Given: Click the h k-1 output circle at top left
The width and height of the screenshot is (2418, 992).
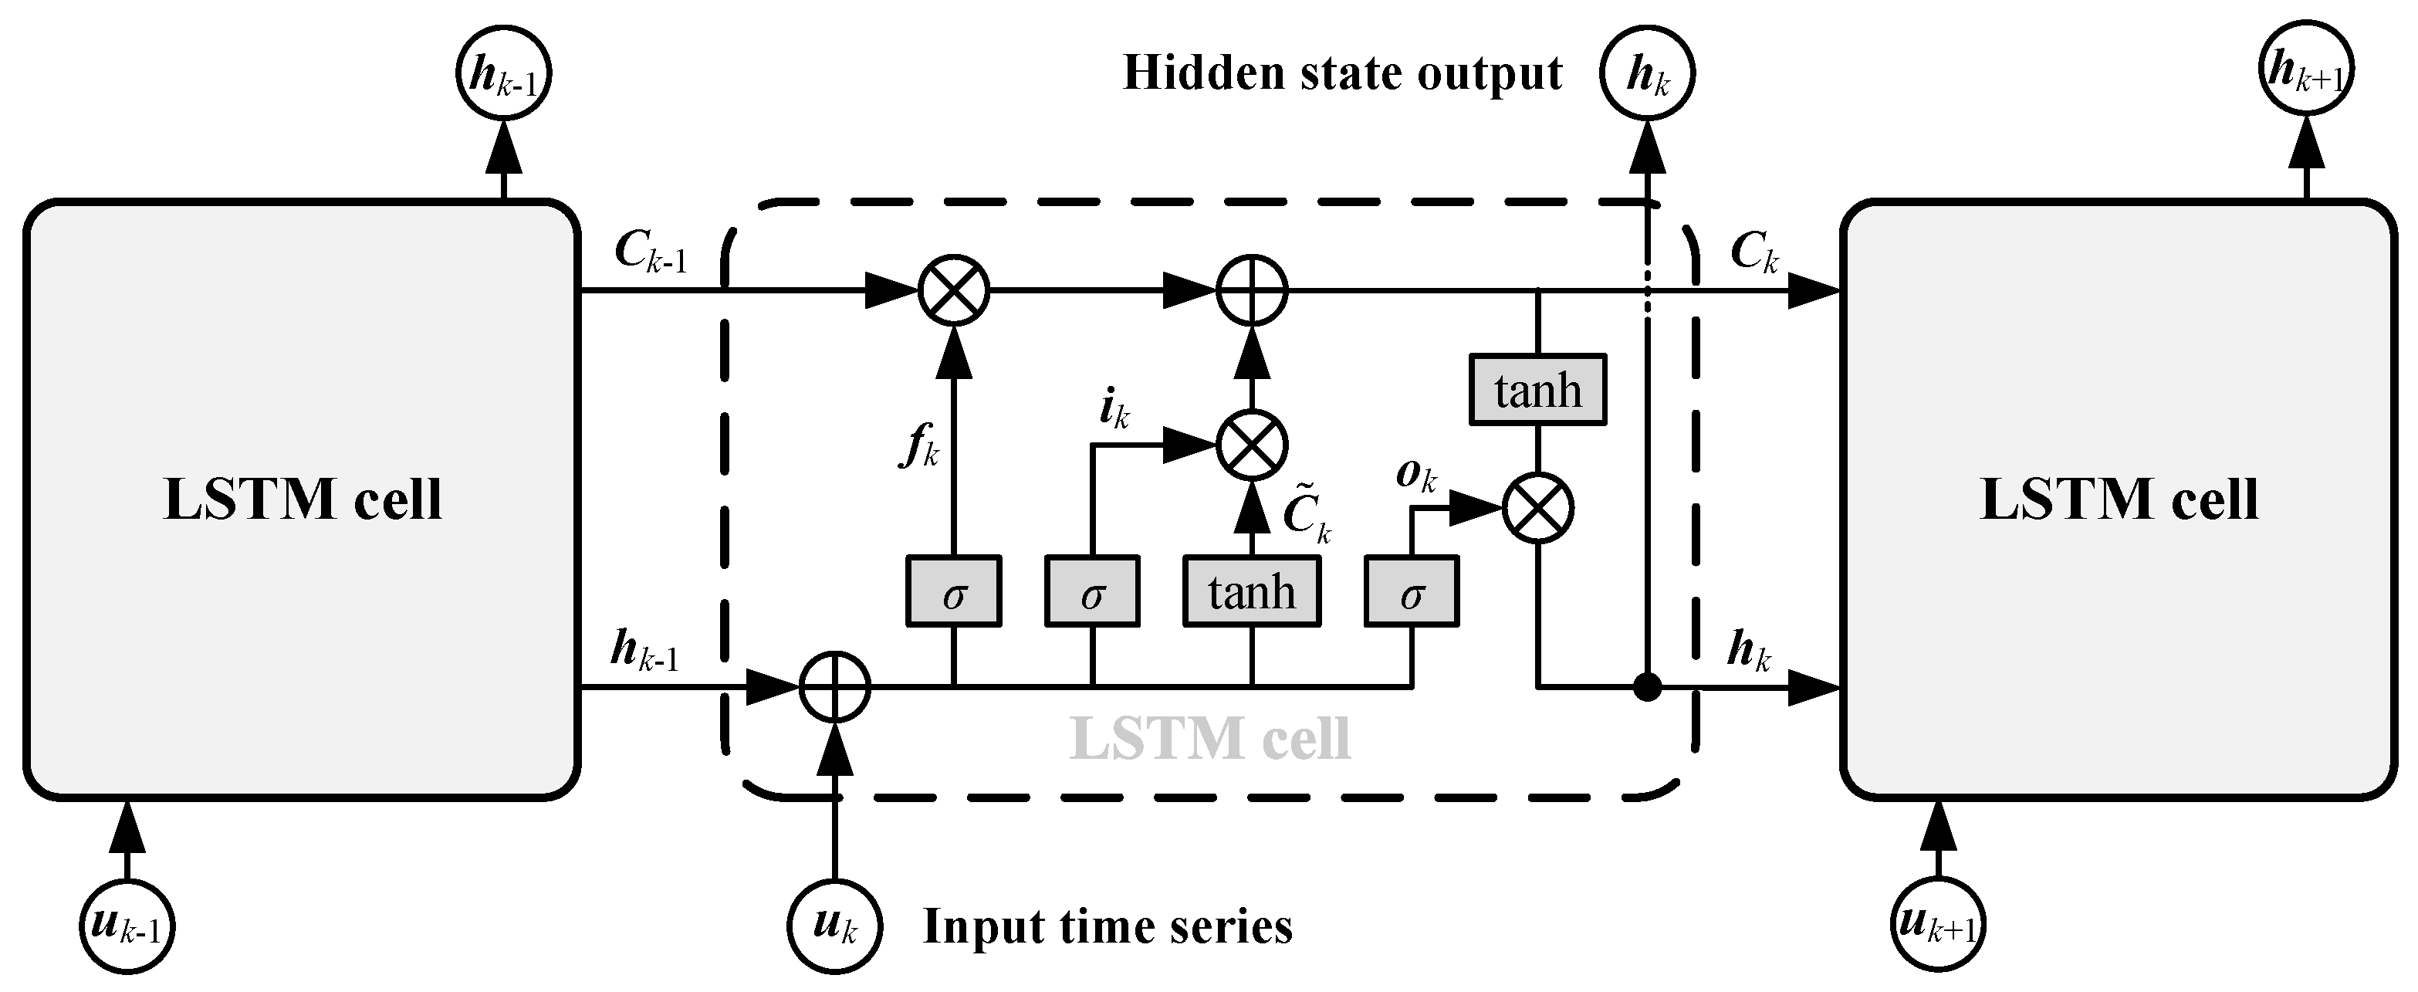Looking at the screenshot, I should tap(503, 74).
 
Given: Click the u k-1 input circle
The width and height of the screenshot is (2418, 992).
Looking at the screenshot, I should tap(127, 926).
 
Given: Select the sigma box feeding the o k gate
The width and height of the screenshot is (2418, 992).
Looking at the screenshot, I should tap(1411, 591).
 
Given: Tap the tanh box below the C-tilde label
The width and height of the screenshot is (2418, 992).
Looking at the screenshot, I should tap(1251, 591).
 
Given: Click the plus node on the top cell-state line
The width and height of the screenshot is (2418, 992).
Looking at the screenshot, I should tap(1251, 290).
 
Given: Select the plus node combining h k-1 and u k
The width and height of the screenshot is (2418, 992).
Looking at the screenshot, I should tap(834, 688).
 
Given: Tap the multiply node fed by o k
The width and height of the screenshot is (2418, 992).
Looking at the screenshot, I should tap(1537, 509).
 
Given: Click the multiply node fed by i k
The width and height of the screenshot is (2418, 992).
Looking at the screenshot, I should tap(1251, 445).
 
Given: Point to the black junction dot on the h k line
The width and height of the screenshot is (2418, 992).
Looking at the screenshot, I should tap(1646, 688).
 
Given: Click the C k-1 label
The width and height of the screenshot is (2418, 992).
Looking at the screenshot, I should tap(650, 252).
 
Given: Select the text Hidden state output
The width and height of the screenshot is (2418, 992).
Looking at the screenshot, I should tap(1342, 73).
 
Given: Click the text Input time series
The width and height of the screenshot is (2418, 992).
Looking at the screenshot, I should tap(1108, 926).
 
